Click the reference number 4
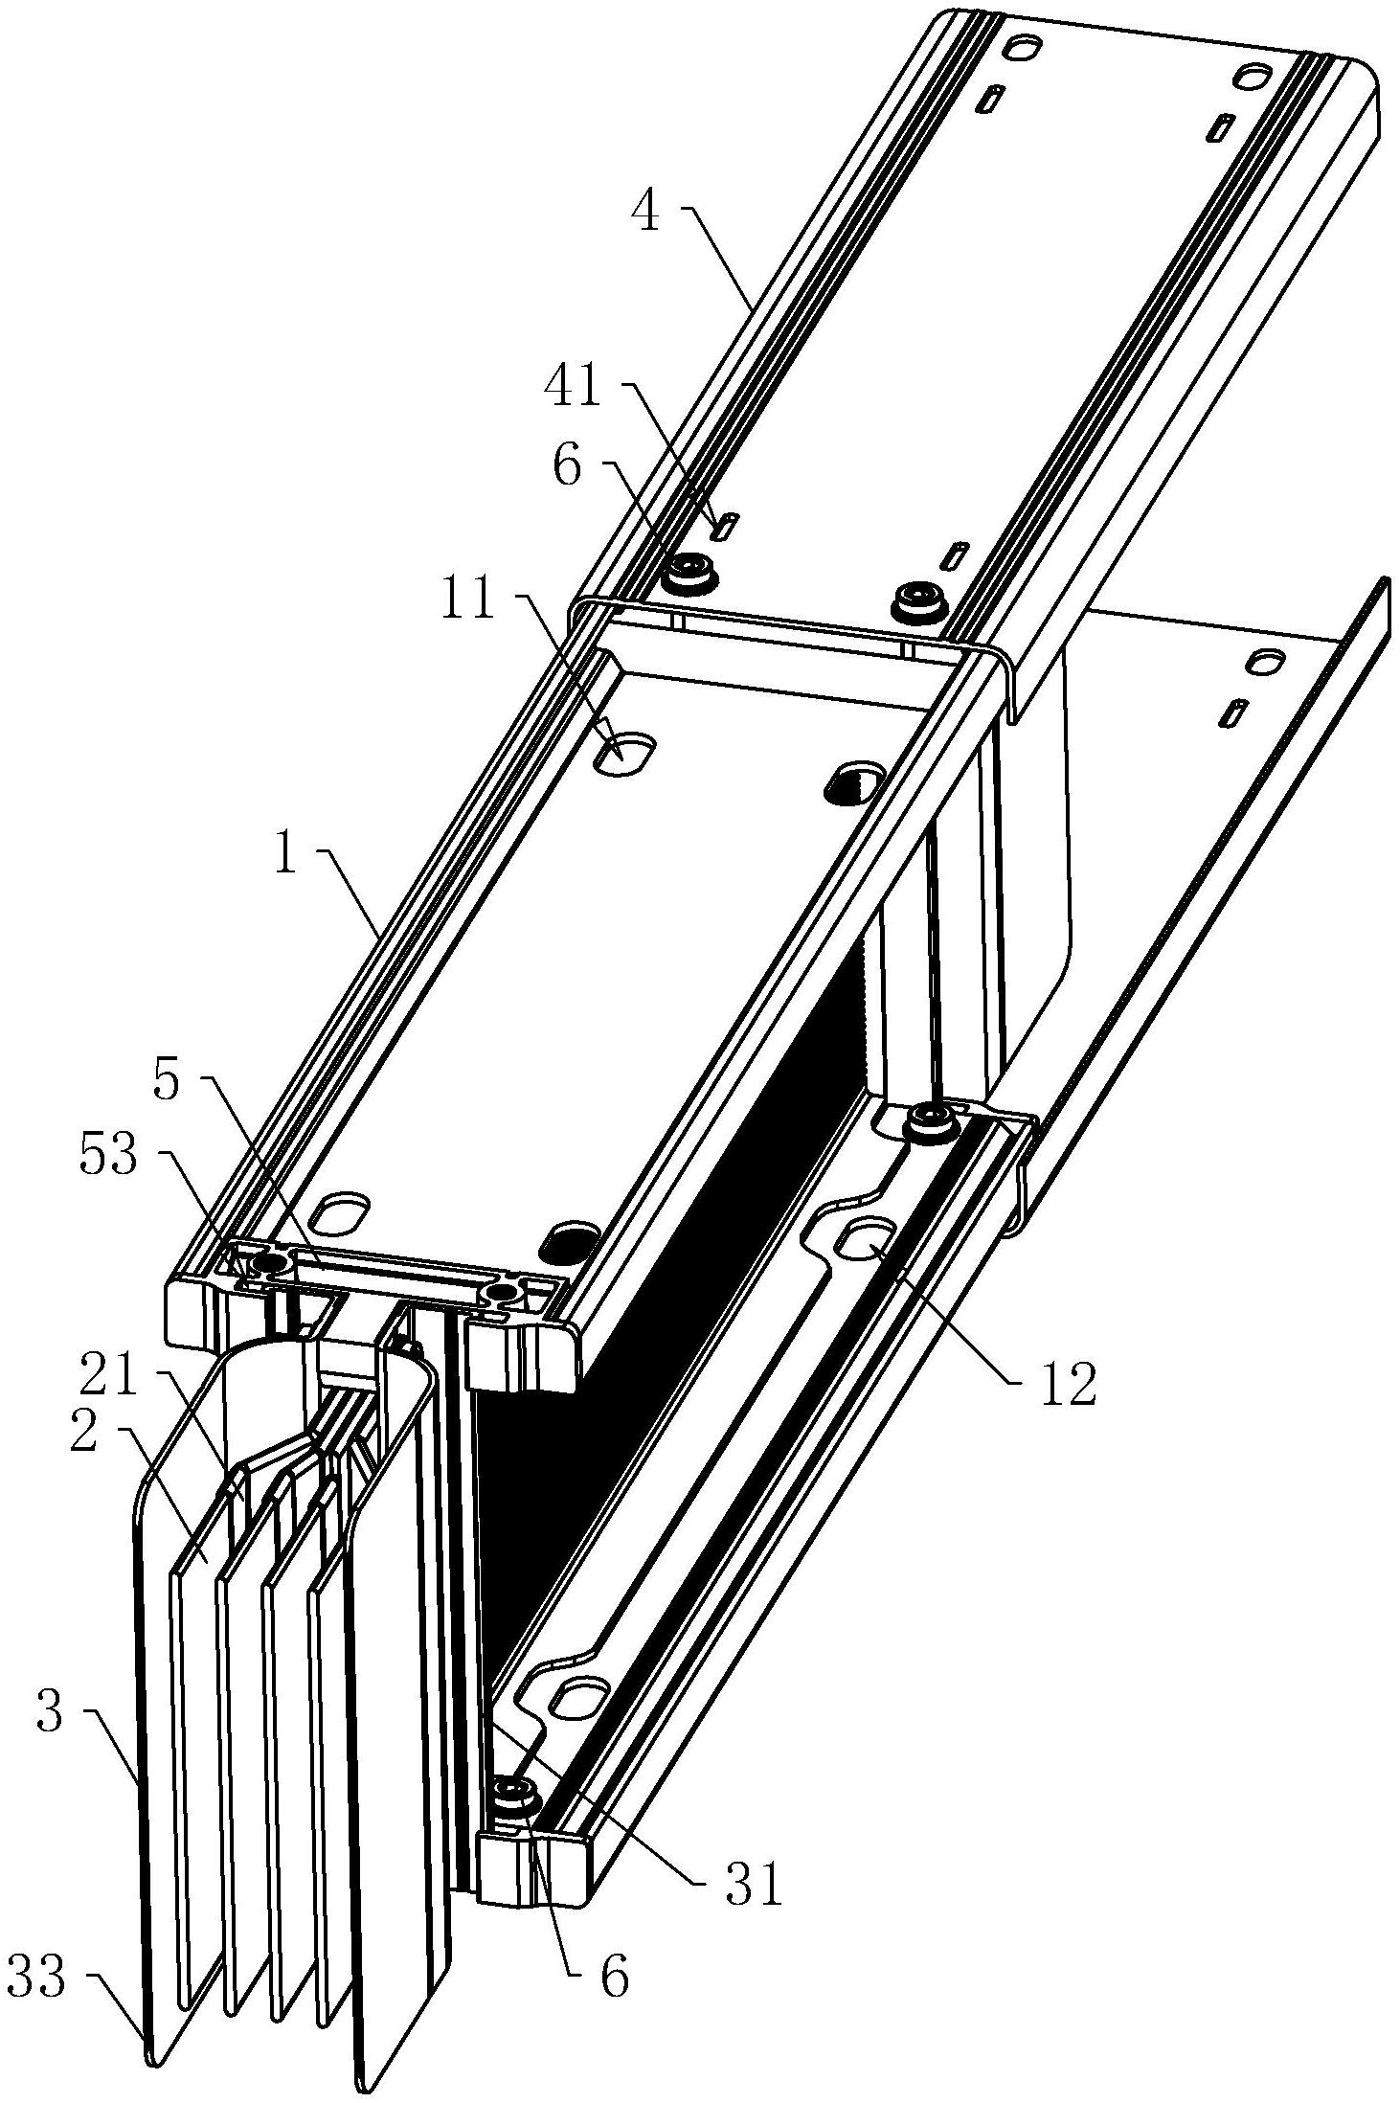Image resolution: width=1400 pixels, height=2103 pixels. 645,212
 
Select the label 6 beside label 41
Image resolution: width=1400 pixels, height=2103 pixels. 567,469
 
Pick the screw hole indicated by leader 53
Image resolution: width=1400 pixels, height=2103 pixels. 262,1268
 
